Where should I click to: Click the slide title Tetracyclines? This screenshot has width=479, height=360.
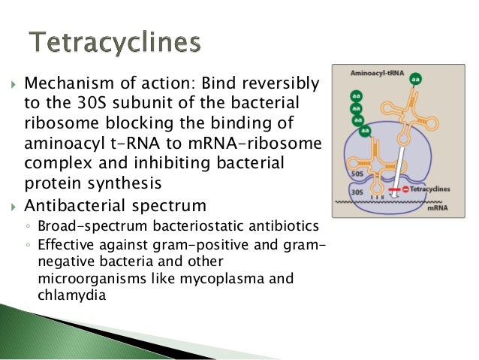(x=114, y=42)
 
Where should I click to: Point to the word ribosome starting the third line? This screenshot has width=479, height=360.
(x=55, y=123)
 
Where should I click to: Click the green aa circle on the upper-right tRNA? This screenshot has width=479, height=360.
(x=415, y=77)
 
